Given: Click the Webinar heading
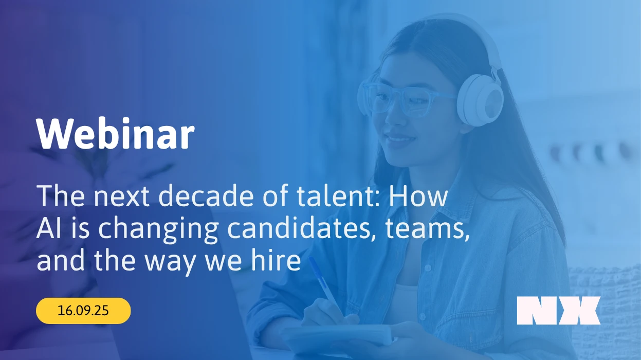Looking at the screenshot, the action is coord(115,134).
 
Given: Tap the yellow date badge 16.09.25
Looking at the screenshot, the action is coord(83,311).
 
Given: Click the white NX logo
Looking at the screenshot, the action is coord(558,311).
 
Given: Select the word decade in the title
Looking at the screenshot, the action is coord(206,195).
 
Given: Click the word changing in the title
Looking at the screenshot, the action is coord(158,230).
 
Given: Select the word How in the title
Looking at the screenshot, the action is coord(418,196).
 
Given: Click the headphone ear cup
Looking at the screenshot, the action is coord(480,100).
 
